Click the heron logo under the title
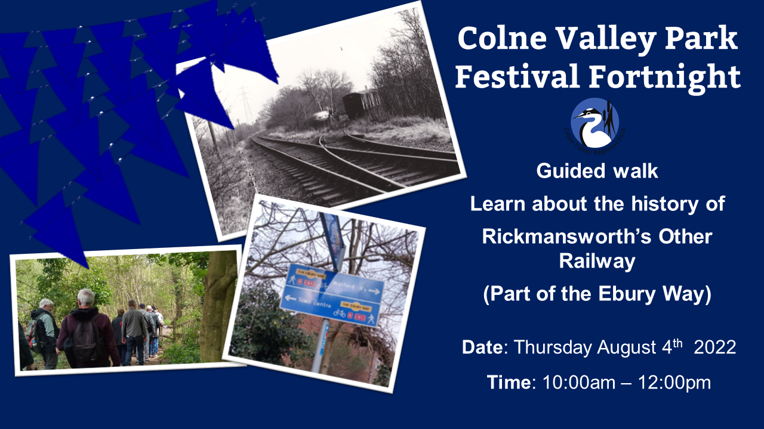pos(594,124)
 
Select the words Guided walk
pos(597,172)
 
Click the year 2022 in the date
pos(715,347)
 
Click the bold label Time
pos(509,382)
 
